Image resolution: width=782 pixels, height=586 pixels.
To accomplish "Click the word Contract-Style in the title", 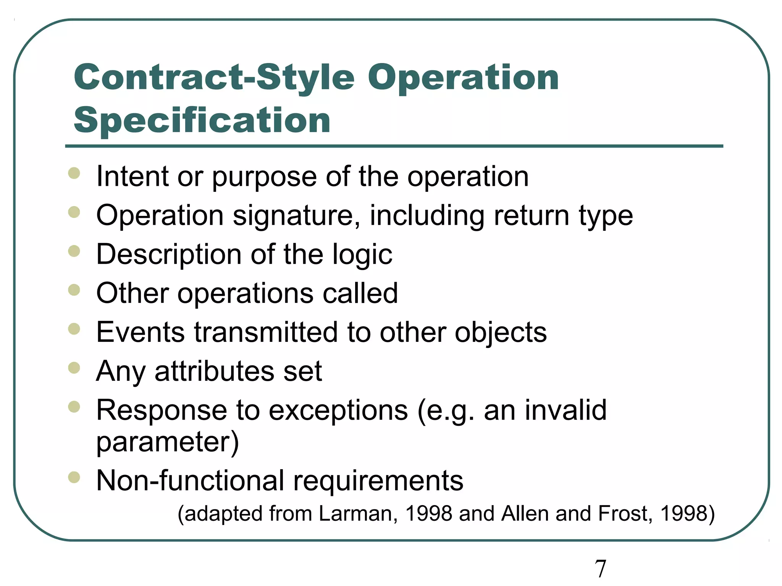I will pyautogui.click(x=214, y=78).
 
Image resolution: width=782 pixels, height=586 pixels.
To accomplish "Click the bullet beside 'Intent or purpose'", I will pyautogui.click(x=74, y=173).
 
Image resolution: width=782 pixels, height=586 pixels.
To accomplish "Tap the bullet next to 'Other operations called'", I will pyautogui.click(x=74, y=290).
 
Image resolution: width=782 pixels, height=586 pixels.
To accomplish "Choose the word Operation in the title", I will pyautogui.click(x=463, y=78).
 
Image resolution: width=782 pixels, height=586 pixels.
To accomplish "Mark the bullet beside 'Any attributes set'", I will pyautogui.click(x=74, y=368).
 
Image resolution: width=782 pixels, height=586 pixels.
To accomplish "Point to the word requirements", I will pyautogui.click(x=378, y=481).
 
